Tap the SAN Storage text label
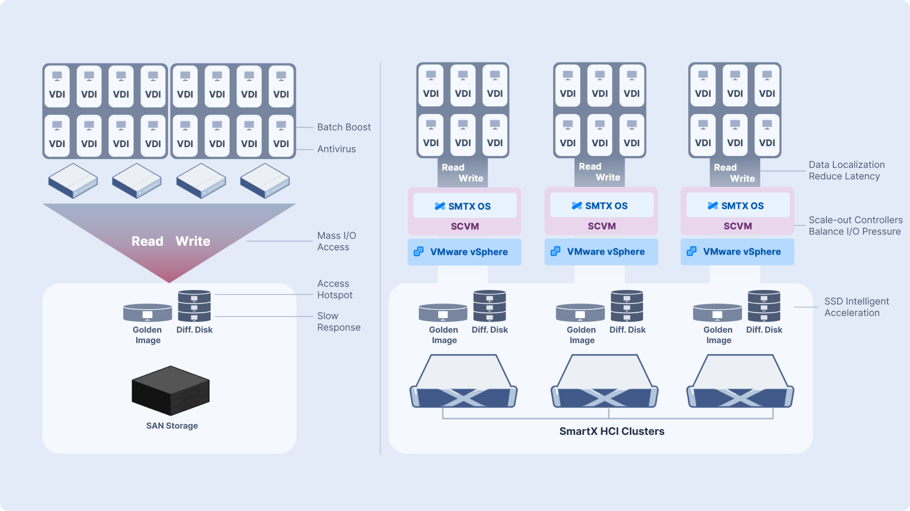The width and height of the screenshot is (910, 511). click(172, 425)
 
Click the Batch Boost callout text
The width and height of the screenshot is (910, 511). click(344, 127)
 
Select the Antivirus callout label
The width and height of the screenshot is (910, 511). click(337, 149)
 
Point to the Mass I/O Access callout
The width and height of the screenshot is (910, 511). click(337, 241)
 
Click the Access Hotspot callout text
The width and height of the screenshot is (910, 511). click(334, 289)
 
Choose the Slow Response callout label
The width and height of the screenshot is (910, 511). click(339, 322)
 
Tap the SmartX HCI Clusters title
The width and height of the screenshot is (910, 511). click(612, 431)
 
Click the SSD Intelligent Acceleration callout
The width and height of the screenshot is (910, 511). click(856, 307)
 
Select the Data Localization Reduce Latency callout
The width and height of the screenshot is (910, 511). click(846, 171)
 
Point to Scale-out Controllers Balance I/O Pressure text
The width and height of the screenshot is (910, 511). click(855, 226)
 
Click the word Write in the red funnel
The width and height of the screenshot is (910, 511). click(193, 241)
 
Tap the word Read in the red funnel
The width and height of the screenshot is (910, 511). click(147, 241)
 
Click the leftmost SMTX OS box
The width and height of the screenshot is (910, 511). click(464, 206)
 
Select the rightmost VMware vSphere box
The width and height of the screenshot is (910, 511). click(737, 252)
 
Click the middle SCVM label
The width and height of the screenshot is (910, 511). click(602, 226)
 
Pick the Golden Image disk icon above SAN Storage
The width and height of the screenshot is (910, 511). click(148, 312)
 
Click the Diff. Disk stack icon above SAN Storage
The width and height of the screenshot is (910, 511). click(194, 306)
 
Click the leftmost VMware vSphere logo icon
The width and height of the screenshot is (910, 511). click(418, 252)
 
